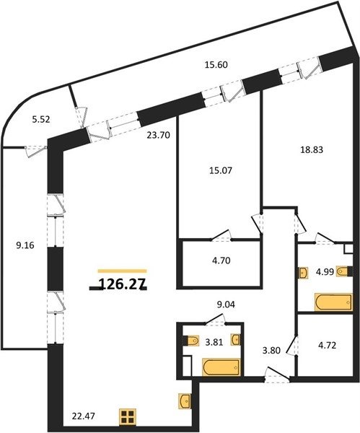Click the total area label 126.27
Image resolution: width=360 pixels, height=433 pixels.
pyautogui.click(x=123, y=284)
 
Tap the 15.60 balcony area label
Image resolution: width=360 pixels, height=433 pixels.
pyautogui.click(x=216, y=65)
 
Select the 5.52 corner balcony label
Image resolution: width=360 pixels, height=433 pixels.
pyautogui.click(x=41, y=120)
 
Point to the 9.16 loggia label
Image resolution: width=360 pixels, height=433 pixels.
pyautogui.click(x=25, y=245)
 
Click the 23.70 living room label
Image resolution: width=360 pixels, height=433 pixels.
pyautogui.click(x=158, y=136)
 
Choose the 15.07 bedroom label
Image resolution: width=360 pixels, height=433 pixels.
pyautogui.click(x=220, y=170)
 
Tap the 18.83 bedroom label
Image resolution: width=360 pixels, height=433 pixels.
pyautogui.click(x=312, y=149)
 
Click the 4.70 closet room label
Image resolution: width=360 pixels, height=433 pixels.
pyautogui.click(x=221, y=261)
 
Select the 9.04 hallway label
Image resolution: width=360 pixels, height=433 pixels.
pyautogui.click(x=226, y=305)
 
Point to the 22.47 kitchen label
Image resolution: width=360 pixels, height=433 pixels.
pyautogui.click(x=84, y=416)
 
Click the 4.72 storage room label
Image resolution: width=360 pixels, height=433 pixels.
pyautogui.click(x=327, y=345)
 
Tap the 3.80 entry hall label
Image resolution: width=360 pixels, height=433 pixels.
pyautogui.click(x=271, y=351)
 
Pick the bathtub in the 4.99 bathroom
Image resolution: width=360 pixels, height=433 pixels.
pyautogui.click(x=334, y=302)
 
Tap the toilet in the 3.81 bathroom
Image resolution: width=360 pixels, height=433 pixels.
pyautogui.click(x=192, y=341)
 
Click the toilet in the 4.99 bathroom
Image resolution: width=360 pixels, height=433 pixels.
pyautogui.click(x=344, y=271)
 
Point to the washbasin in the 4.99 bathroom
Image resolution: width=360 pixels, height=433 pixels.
pyautogui.click(x=303, y=273)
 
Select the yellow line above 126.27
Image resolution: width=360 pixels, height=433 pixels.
pyautogui.click(x=123, y=271)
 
